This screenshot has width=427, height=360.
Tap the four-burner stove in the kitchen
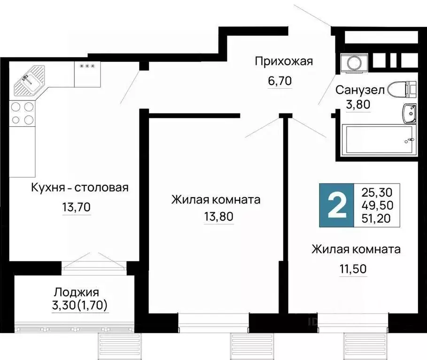click(22, 113)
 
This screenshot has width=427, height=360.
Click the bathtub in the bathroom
click(378, 139)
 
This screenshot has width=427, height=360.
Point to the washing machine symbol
click(350, 63)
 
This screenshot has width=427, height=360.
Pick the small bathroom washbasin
click(410, 112)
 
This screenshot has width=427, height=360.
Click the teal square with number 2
click(336, 205)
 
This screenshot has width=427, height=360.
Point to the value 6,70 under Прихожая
click(280, 81)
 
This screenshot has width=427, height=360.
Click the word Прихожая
click(283, 61)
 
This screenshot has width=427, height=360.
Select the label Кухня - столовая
click(79, 188)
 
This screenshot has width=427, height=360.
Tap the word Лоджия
click(76, 292)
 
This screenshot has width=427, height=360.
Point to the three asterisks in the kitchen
click(87, 66)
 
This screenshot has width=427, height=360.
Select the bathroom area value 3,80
click(358, 105)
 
